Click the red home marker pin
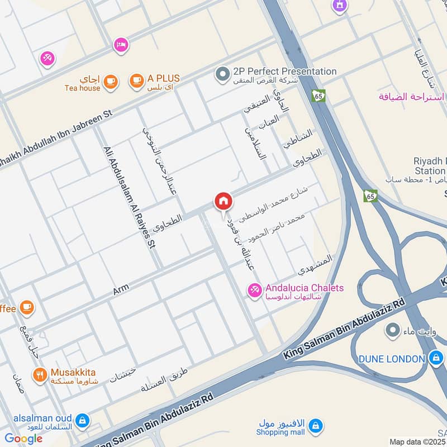click(223, 201)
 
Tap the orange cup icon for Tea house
click(111, 82)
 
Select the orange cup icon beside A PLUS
click(136, 82)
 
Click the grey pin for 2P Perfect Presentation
click(222, 73)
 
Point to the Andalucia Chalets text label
click(305, 288)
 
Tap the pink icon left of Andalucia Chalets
click(255, 290)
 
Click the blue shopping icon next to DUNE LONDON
click(435, 359)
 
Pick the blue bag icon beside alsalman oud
click(82, 421)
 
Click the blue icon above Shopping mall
click(315, 426)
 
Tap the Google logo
click(23, 439)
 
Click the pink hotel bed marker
click(120, 45)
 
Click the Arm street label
click(121, 289)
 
